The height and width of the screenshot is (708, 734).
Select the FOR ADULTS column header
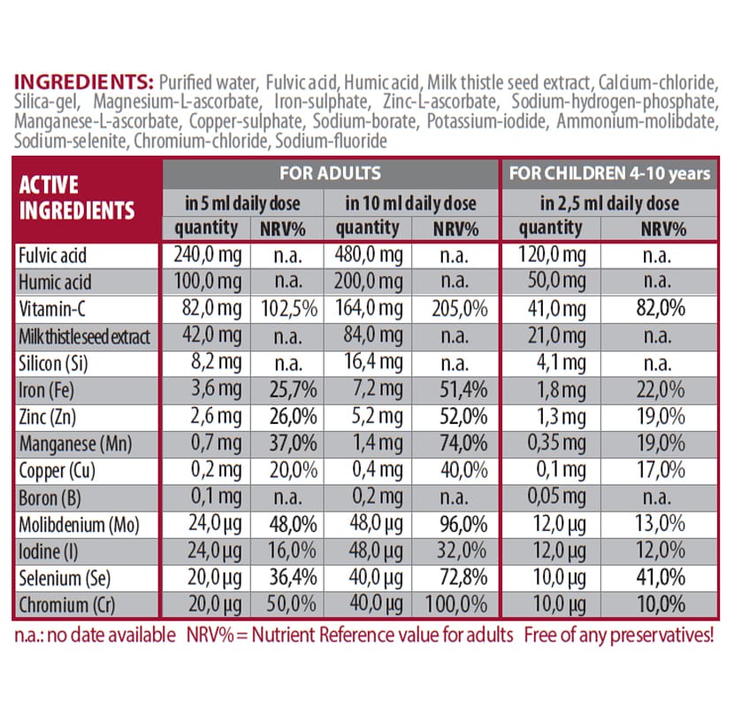tap(330, 173)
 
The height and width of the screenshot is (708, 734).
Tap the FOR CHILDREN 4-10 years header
tap(610, 173)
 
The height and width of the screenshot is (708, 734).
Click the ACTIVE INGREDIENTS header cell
tap(77, 198)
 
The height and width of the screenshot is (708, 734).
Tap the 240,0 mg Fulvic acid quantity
tap(206, 257)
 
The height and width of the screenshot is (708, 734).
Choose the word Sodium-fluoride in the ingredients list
tap(332, 142)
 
